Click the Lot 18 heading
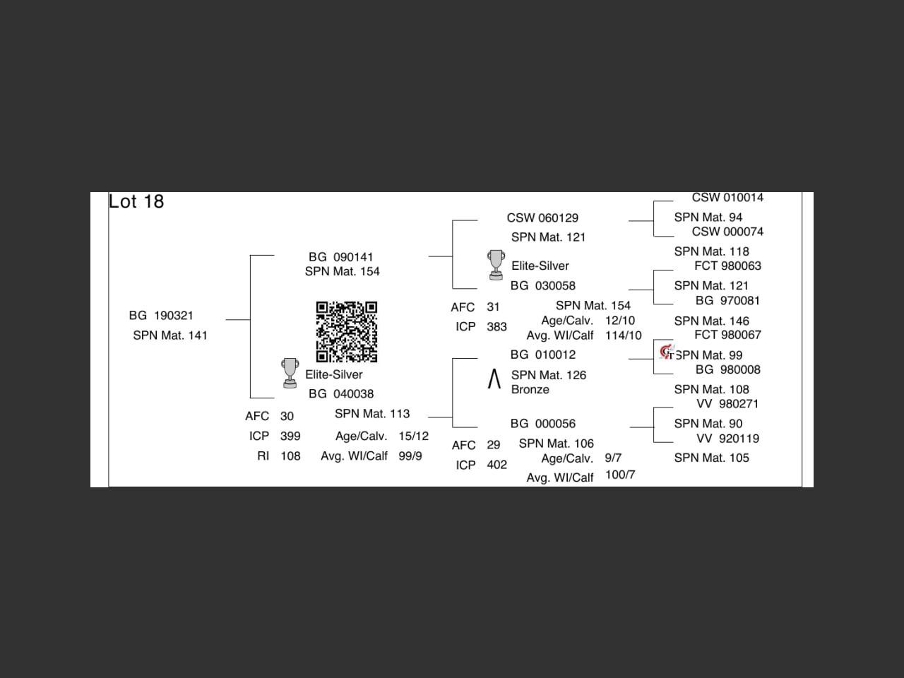(136, 202)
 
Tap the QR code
(346, 331)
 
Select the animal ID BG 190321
(161, 316)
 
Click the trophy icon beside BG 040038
(290, 373)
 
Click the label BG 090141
(340, 257)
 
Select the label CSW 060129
(542, 218)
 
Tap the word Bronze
(530, 390)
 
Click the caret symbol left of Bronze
(494, 379)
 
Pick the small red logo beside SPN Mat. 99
(666, 352)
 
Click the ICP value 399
(290, 436)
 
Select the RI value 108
(290, 456)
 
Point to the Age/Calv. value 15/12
(413, 436)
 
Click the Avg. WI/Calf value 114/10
(623, 336)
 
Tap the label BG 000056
(542, 424)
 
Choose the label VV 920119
(727, 439)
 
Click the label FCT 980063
(727, 266)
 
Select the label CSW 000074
(727, 232)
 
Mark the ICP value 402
(496, 465)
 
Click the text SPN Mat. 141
(170, 335)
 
